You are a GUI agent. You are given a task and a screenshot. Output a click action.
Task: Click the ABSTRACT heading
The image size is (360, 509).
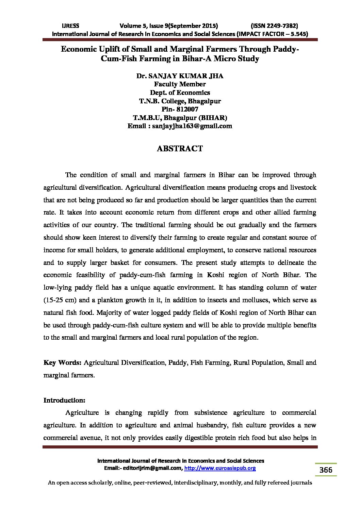[180, 149]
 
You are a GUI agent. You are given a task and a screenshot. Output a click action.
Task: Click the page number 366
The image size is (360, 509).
[326, 470]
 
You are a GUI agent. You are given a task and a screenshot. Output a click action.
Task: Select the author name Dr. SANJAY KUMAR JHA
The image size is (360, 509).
[180, 76]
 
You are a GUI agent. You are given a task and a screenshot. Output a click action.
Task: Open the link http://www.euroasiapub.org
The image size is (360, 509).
[220, 469]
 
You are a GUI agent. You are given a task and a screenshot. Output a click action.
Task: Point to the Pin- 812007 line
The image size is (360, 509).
[180, 109]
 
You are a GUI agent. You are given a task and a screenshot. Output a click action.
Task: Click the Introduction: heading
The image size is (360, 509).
[64, 400]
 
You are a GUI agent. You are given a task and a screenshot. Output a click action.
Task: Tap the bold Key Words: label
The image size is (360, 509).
[62, 363]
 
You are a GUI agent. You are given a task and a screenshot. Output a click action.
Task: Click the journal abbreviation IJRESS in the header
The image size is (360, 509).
[70, 26]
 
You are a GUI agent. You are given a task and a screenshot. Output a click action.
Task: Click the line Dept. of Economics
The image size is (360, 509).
[180, 92]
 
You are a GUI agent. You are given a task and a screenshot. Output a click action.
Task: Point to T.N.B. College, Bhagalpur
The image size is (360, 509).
[180, 101]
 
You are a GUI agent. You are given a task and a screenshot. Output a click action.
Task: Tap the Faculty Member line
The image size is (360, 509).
[180, 84]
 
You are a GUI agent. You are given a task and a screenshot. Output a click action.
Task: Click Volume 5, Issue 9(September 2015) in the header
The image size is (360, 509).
[169, 26]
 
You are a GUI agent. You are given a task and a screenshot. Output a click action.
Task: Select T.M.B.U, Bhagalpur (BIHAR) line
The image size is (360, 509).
[180, 118]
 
